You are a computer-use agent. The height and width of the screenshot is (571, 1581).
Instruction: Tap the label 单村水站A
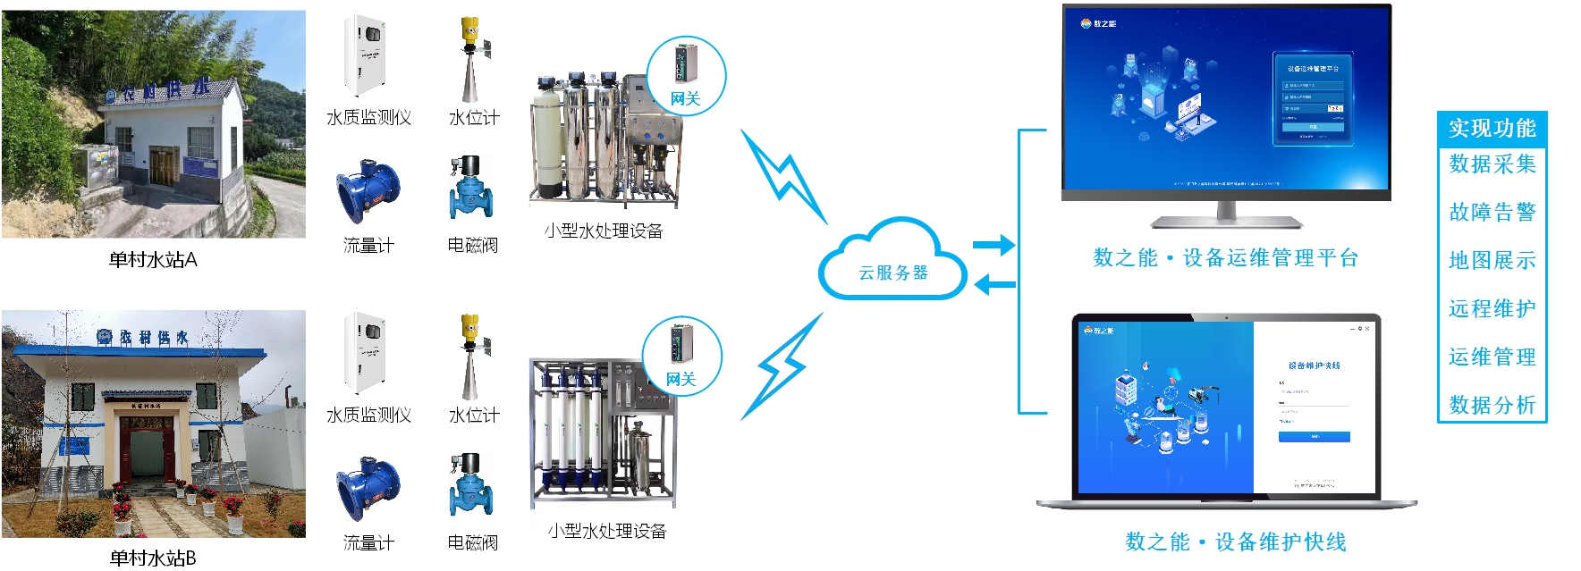coord(153,260)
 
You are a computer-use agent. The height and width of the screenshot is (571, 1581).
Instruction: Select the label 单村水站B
coord(153,558)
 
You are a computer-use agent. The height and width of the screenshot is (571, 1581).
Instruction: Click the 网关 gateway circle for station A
coord(686,75)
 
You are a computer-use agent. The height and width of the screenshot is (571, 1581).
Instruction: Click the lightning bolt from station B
coord(782,366)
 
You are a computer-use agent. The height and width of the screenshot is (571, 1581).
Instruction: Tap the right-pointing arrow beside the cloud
coord(993,245)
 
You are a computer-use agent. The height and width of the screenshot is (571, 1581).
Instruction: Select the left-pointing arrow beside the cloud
coord(993,285)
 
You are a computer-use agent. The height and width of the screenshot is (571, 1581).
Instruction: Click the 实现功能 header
coord(1492,129)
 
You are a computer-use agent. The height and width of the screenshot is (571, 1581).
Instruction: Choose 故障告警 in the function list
coord(1492,213)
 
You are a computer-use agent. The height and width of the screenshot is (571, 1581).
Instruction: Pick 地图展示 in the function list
coord(1492,261)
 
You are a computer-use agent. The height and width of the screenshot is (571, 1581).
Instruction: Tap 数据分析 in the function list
coord(1492,406)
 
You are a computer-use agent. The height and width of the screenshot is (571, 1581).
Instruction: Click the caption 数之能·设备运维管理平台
coord(1225,259)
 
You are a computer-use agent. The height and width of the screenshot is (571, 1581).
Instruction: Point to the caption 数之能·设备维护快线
coord(1236,542)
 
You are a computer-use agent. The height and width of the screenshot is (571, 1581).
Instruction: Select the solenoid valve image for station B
coord(471,485)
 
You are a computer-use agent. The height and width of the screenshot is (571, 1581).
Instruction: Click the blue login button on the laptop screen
coord(1314,437)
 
